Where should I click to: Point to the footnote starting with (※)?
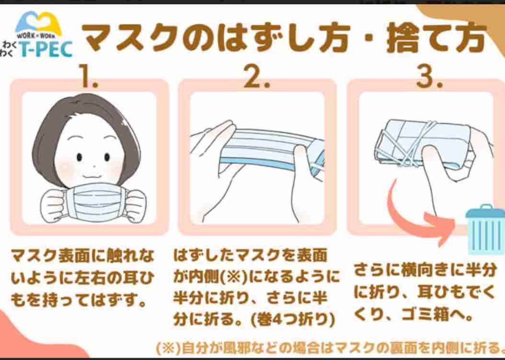[x=331, y=347]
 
